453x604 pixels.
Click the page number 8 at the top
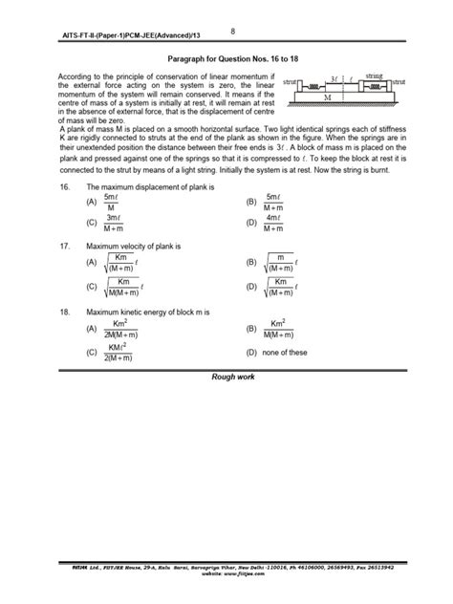233,30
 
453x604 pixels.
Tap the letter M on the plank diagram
328,97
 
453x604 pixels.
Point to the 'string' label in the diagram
374,74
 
